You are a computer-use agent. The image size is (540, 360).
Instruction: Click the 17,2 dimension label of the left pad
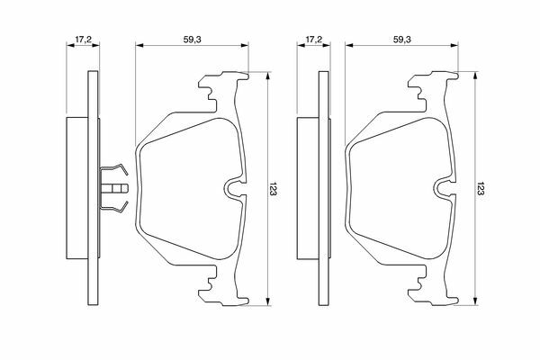point(83,40)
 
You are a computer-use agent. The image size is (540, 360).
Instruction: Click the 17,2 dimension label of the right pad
point(314,40)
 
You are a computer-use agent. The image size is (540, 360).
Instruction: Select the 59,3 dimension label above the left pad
point(192,40)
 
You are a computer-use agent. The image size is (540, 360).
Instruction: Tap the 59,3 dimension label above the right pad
point(402,40)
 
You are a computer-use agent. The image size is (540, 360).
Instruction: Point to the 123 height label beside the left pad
point(273,189)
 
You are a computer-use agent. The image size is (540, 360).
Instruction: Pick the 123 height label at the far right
point(481,189)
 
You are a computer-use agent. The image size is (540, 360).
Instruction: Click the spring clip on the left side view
point(113,188)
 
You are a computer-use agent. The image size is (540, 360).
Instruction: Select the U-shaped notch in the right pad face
point(445,189)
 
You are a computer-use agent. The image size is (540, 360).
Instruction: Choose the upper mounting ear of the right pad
point(433,86)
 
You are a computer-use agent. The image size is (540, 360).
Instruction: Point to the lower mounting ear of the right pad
point(433,290)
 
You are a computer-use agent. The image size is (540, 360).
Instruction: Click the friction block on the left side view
point(77,188)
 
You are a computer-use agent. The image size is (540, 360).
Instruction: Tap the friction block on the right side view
point(308,188)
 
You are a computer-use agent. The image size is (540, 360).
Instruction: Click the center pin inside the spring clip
point(114,188)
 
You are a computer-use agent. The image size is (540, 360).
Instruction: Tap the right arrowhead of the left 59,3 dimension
point(244,45)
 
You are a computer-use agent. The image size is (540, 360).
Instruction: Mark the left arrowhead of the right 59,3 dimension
point(349,45)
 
